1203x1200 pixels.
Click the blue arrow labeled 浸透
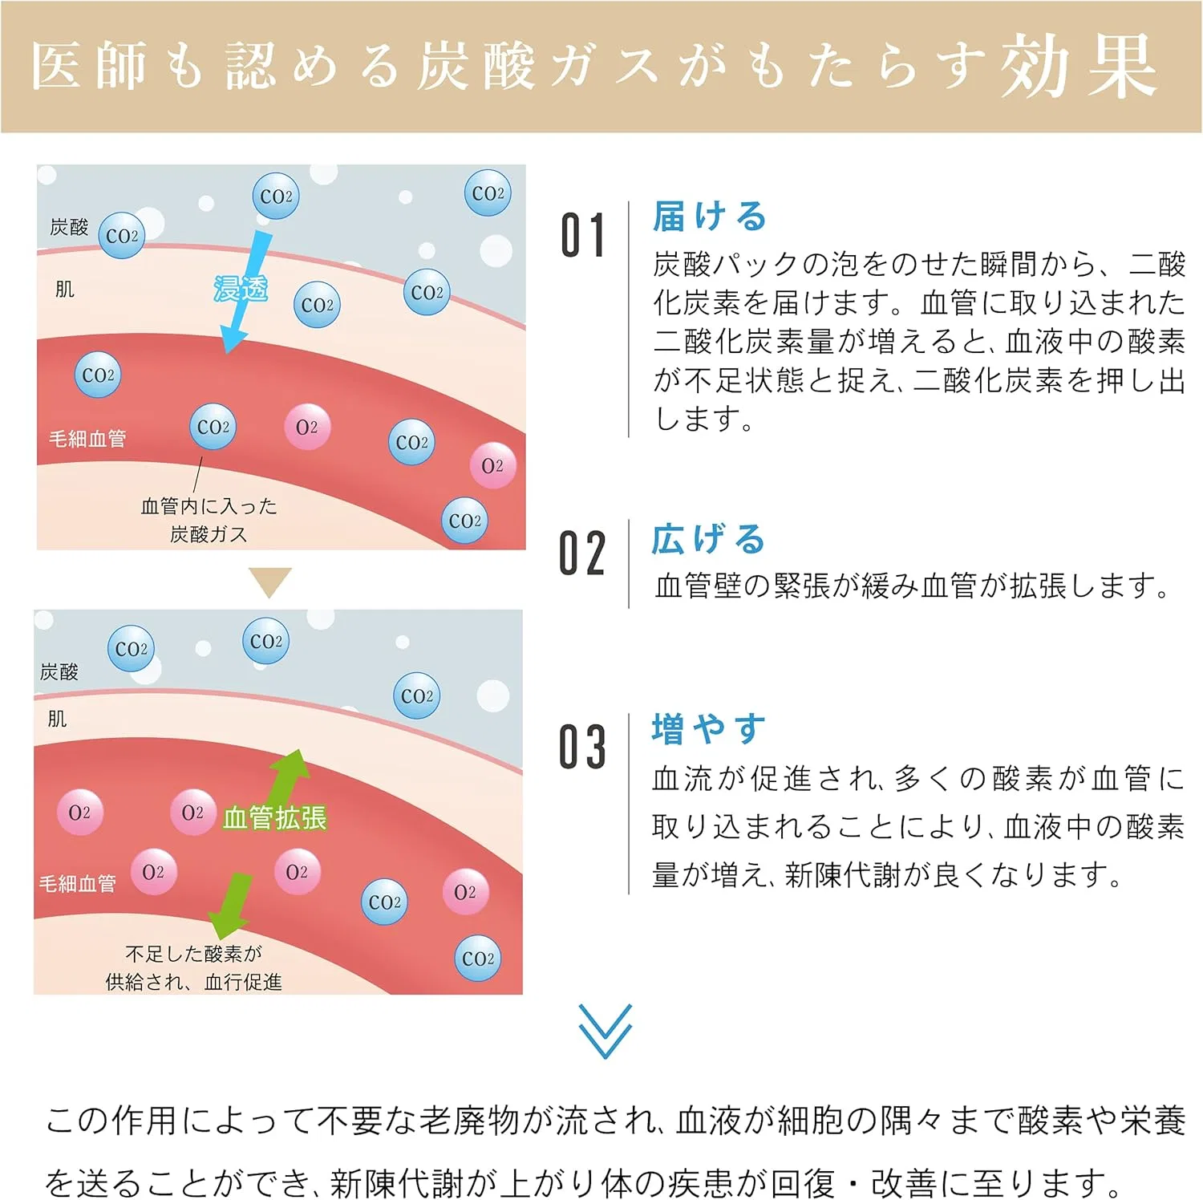click(x=245, y=292)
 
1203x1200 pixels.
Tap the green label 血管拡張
click(x=274, y=817)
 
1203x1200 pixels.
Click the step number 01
click(x=582, y=236)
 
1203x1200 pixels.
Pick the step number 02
click(x=582, y=553)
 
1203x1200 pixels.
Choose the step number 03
click(x=582, y=747)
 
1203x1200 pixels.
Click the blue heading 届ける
click(x=710, y=217)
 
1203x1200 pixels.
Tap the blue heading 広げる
click(x=708, y=539)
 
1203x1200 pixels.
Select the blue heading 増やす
click(x=708, y=729)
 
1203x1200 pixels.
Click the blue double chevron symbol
click(x=606, y=1031)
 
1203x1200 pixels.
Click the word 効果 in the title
click(x=1079, y=66)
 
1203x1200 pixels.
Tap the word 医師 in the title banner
click(x=90, y=66)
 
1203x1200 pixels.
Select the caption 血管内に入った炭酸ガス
click(x=209, y=520)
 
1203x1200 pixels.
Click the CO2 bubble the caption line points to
click(x=213, y=427)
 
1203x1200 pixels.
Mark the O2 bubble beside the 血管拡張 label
click(x=192, y=813)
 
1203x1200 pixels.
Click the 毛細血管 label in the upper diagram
click(x=87, y=439)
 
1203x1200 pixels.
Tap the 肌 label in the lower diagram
click(x=57, y=719)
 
